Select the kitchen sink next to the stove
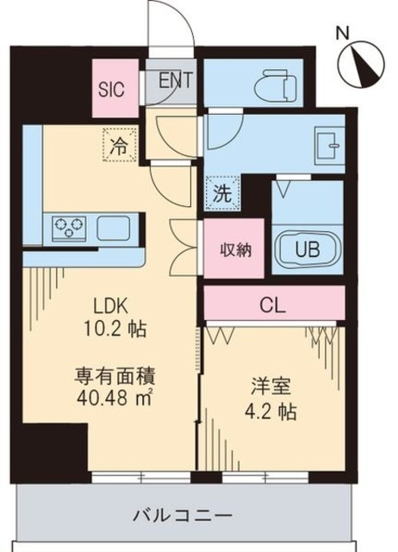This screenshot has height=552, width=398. pyautogui.click(x=113, y=229)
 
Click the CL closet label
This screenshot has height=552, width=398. pyautogui.click(x=273, y=304)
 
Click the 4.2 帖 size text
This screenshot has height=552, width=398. pyautogui.click(x=271, y=411)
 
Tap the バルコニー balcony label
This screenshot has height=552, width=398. pyautogui.click(x=183, y=517)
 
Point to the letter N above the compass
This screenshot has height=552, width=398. pyautogui.click(x=342, y=34)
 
